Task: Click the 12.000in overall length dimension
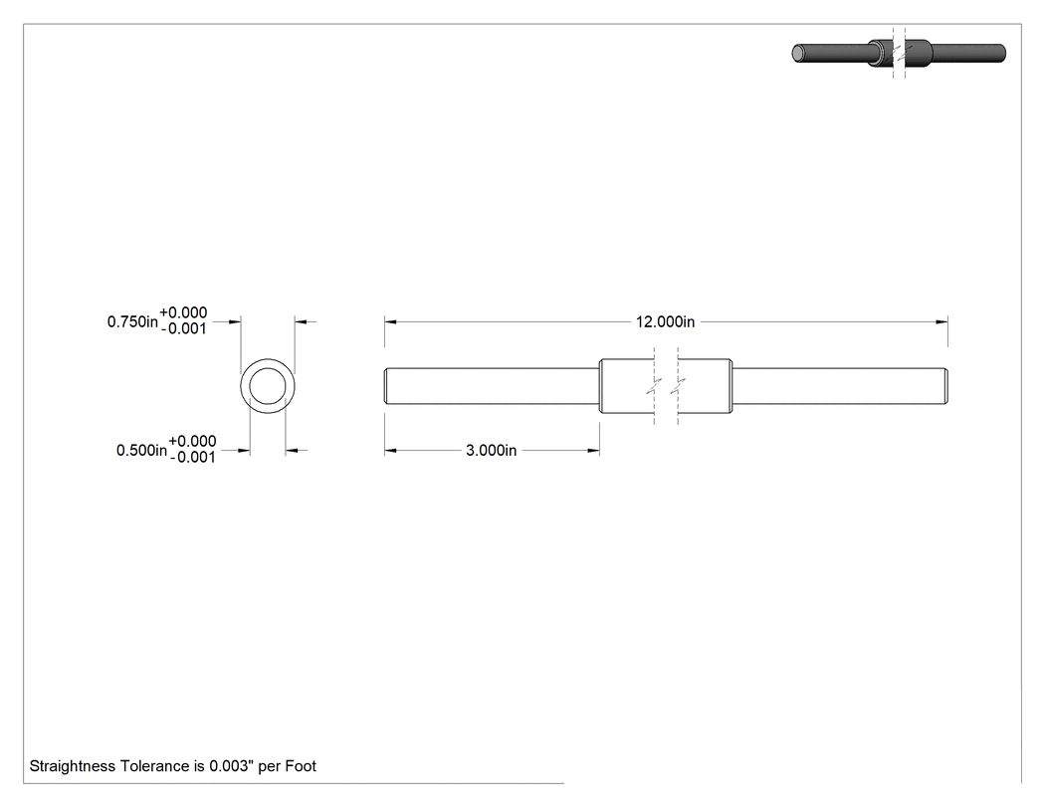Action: pyautogui.click(x=665, y=321)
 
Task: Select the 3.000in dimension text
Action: pyautogui.click(x=492, y=451)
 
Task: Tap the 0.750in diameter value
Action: pyautogui.click(x=132, y=321)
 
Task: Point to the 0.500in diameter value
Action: pyautogui.click(x=142, y=451)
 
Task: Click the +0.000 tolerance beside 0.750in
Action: pyautogui.click(x=183, y=312)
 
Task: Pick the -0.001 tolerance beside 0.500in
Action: pyautogui.click(x=193, y=457)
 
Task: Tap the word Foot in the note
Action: pyautogui.click(x=301, y=766)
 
